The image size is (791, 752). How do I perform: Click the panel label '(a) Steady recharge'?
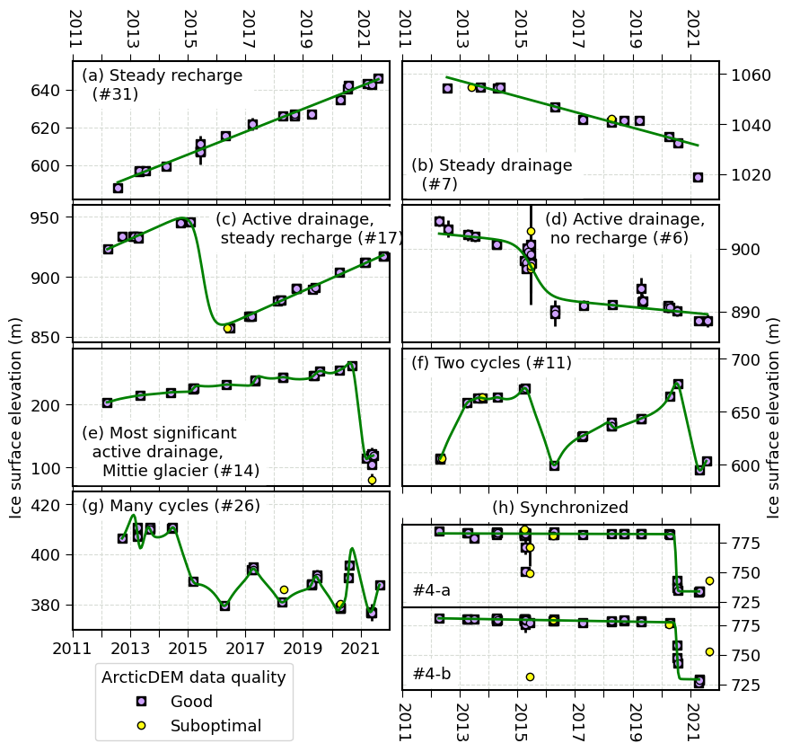(x=162, y=75)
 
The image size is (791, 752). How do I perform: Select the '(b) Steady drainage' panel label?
(x=491, y=165)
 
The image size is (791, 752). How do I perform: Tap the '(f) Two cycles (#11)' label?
(x=491, y=363)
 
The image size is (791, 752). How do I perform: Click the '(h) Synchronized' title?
(x=560, y=508)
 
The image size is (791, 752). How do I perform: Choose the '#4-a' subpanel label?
(x=431, y=590)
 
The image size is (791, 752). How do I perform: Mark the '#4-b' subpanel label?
(x=431, y=673)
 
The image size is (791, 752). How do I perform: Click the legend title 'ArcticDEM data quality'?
(x=194, y=677)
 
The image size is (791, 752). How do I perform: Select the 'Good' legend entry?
(x=191, y=702)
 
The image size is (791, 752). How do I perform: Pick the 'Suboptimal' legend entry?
(x=215, y=726)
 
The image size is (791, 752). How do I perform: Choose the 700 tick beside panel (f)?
(x=742, y=359)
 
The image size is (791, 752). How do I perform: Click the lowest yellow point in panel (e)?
(x=372, y=480)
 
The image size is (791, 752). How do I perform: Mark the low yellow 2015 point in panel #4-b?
(x=530, y=677)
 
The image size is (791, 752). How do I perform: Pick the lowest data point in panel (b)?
(x=698, y=177)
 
